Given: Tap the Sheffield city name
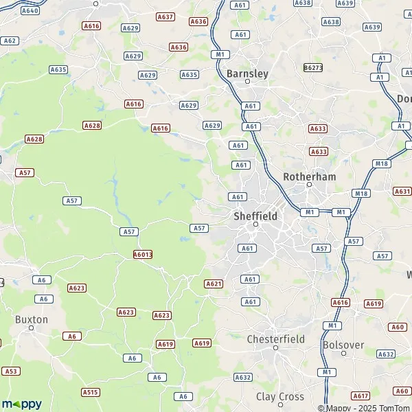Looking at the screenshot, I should [255, 216].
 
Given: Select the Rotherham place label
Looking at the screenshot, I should [309, 176].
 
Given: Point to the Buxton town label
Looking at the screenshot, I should [32, 319].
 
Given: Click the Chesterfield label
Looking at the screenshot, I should [275, 339].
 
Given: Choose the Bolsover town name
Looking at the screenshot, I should [343, 344].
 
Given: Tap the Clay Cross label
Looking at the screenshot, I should [280, 397].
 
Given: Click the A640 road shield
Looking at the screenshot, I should [30, 11].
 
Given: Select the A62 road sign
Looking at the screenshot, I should [10, 41].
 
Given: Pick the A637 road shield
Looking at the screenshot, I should [165, 16].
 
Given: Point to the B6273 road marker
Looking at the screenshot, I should [313, 68].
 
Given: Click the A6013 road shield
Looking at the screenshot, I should [143, 254].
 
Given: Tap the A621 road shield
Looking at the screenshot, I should [214, 284].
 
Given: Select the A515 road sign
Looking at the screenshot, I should [90, 392].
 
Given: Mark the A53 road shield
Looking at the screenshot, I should [10, 371].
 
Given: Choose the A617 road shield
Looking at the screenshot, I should [360, 396].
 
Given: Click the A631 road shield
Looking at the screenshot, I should [402, 192].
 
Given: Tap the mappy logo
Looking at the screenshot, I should [21, 404].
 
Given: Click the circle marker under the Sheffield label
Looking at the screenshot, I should [255, 225].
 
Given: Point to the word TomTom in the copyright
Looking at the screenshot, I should [394, 409].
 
